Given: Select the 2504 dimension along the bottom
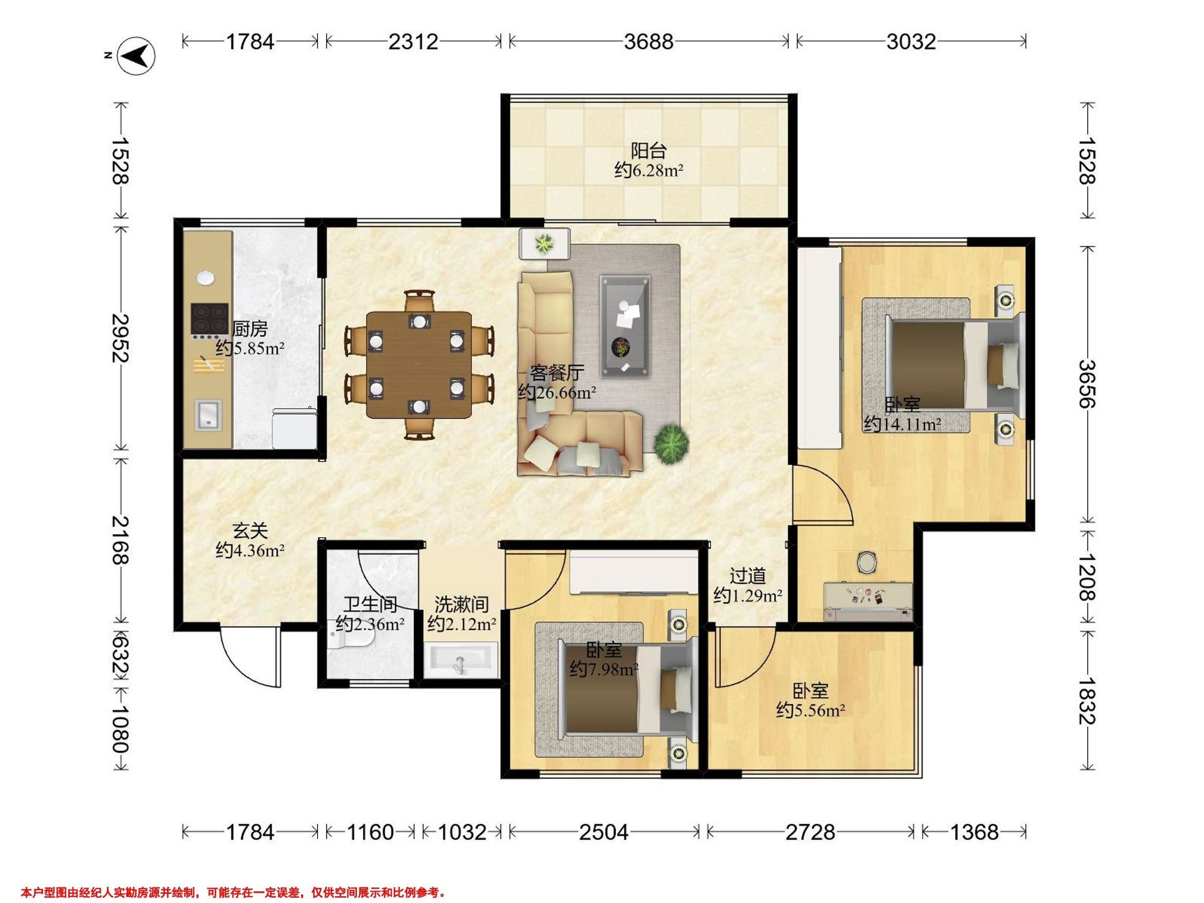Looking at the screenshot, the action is (604, 832).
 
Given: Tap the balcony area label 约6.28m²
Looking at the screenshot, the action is (649, 171).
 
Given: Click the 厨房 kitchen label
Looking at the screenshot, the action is (250, 329).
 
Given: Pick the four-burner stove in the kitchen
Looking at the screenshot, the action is (209, 318).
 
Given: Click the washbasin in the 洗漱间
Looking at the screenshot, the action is (461, 659).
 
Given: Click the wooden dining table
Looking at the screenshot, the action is (419, 365).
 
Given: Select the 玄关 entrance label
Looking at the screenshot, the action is (250, 530).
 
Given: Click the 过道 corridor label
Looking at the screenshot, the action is (748, 576).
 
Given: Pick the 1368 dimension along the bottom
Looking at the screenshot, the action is (974, 832).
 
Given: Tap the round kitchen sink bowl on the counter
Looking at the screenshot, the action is (205, 277).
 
